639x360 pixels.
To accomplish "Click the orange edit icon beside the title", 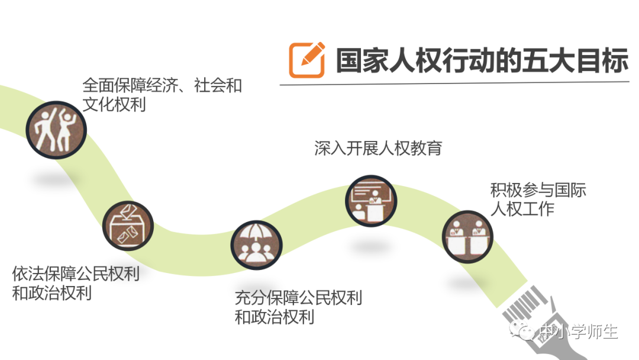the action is click(306, 59).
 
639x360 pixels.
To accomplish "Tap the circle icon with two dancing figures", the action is click(56, 128).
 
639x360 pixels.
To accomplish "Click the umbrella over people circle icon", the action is click(256, 245).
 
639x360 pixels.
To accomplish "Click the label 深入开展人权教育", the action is click(378, 148).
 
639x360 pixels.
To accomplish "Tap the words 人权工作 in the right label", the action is click(522, 209).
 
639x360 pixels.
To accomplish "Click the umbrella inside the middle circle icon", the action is click(256, 233).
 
